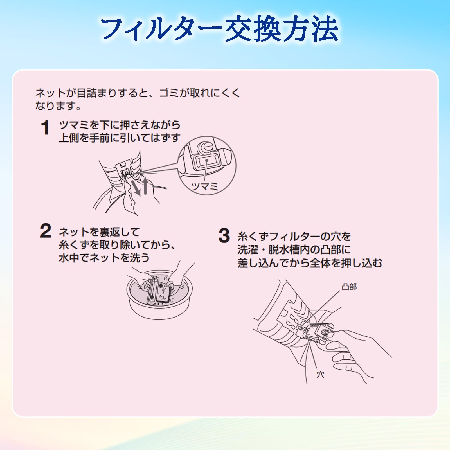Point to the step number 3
click(x=224, y=235)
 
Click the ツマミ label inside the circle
click(x=204, y=186)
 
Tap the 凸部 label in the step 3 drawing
click(x=349, y=287)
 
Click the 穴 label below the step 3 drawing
click(x=320, y=375)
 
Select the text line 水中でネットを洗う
click(x=104, y=258)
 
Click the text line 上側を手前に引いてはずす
click(x=120, y=138)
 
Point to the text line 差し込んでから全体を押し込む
click(x=310, y=263)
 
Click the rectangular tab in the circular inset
click(x=206, y=162)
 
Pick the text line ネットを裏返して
click(x=99, y=232)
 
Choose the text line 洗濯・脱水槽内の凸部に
click(x=294, y=250)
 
